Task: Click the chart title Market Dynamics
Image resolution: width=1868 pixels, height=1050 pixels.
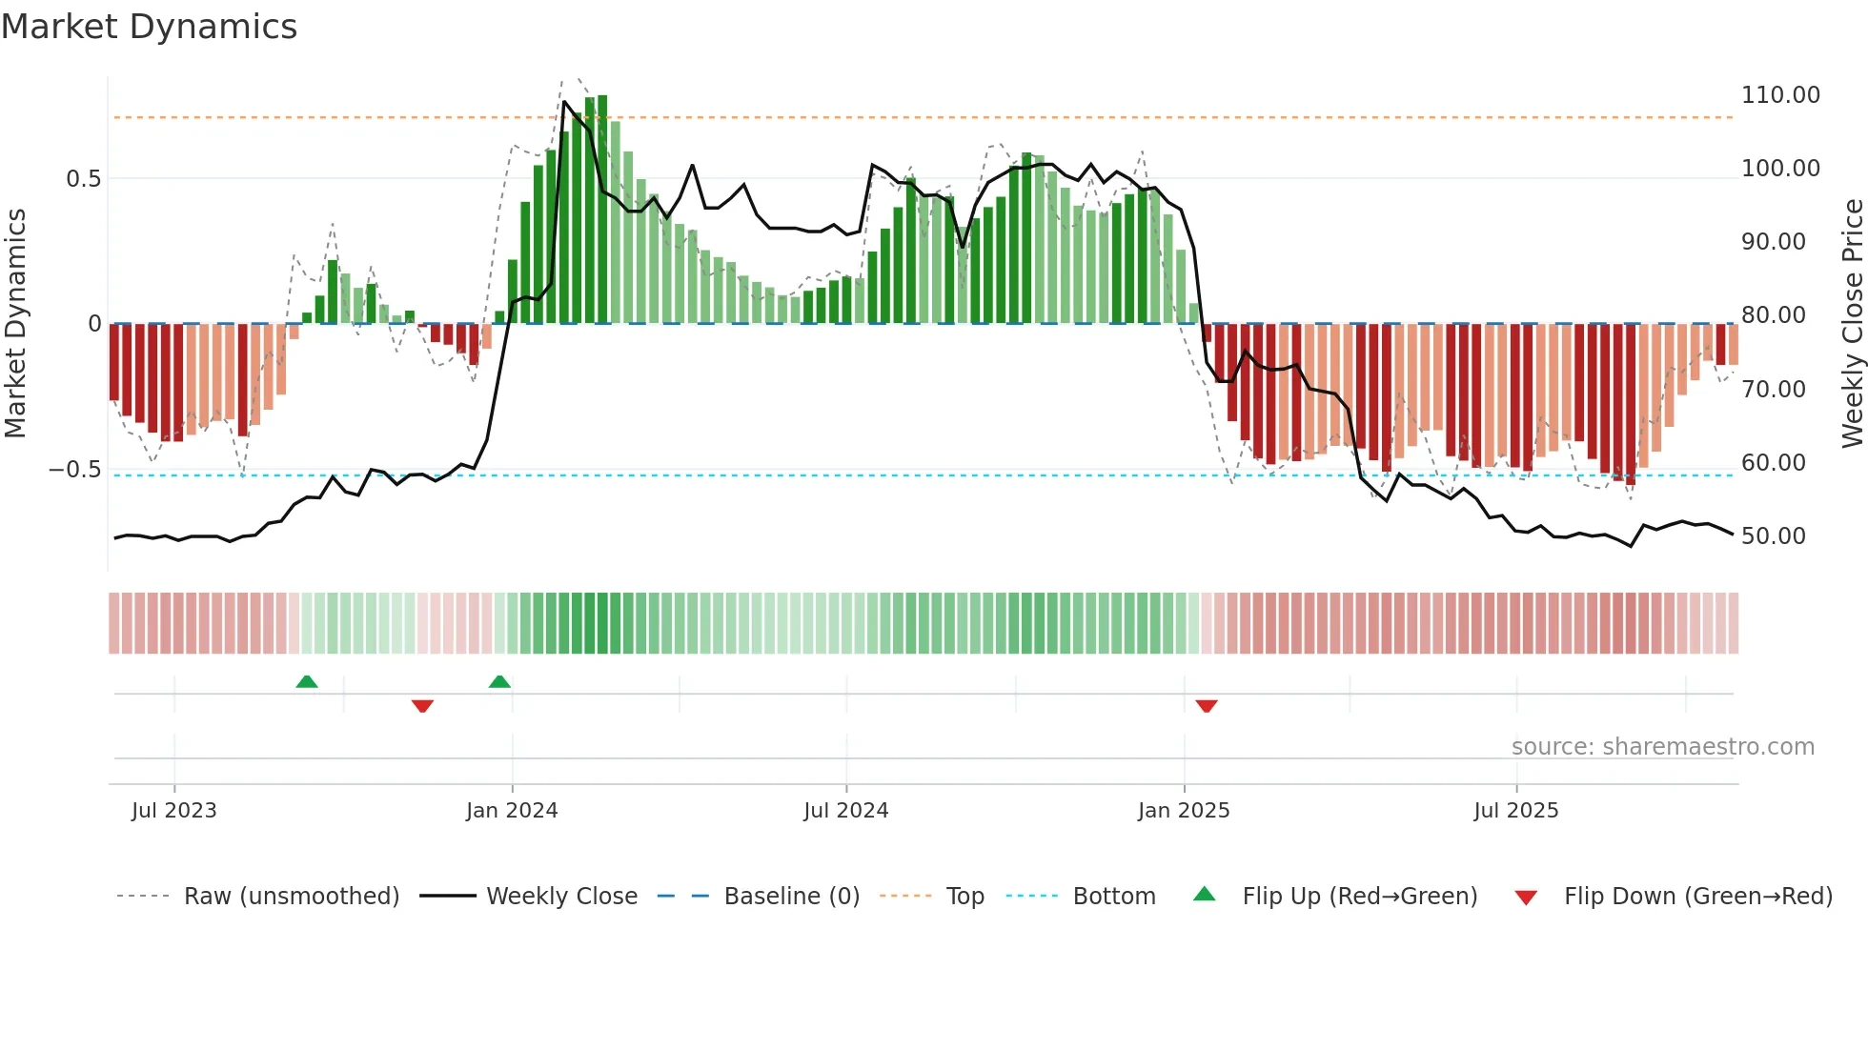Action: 149,27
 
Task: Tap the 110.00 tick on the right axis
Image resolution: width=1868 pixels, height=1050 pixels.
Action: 1779,95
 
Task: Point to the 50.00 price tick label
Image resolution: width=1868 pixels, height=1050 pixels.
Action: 1773,536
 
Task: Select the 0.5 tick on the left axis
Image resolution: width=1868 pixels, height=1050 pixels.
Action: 83,179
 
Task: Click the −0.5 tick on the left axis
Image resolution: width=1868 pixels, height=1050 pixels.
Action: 75,470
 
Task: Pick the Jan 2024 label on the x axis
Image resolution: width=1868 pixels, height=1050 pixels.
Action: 512,811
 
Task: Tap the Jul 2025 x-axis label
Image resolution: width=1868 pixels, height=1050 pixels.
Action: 1515,811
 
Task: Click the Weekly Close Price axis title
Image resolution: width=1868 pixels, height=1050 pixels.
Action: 1852,323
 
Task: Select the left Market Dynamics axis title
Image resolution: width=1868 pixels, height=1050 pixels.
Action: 15,323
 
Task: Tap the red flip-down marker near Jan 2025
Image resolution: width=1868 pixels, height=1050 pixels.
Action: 1207,706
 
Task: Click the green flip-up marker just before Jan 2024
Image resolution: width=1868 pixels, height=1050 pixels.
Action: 499,681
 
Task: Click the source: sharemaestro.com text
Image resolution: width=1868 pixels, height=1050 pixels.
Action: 1662,747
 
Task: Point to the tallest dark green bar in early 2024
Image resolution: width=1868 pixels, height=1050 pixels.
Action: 602,210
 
